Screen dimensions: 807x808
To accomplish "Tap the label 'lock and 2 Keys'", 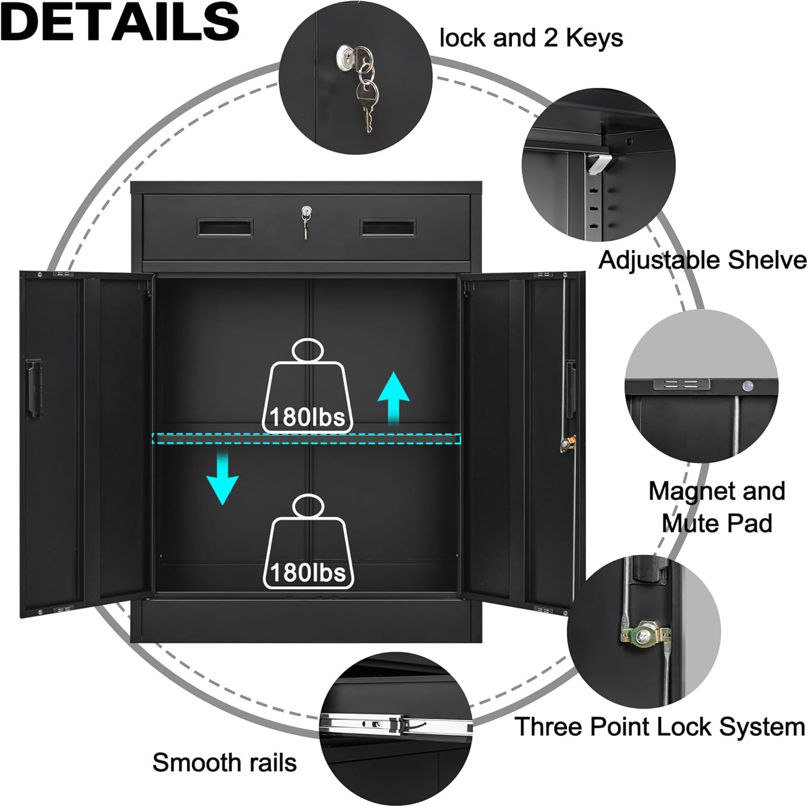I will [531, 38].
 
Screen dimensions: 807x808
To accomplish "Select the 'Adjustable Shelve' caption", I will [702, 260].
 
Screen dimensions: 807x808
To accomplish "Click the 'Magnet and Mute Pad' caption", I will [716, 507].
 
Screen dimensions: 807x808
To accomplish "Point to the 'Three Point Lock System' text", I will [659, 727].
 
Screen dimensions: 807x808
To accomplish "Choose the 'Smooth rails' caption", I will [225, 763].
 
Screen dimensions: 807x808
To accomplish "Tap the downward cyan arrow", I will [222, 477].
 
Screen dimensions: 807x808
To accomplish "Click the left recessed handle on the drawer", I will [225, 227].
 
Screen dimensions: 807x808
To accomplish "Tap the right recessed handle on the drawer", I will [388, 227].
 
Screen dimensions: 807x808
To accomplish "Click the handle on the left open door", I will [34, 389].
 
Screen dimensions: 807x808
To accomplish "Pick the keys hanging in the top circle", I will [366, 92].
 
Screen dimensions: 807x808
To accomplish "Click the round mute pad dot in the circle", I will [747, 386].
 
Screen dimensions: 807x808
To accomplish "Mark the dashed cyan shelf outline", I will [307, 439].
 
